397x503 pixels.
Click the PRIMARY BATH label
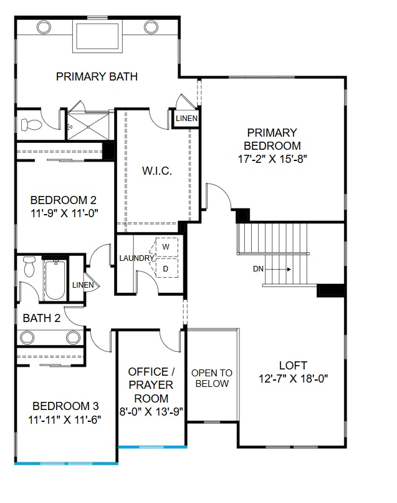point(97,77)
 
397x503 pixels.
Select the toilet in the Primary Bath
point(31,125)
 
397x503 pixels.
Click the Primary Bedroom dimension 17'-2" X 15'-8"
point(272,159)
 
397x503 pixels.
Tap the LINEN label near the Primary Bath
point(186,118)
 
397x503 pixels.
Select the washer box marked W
point(166,247)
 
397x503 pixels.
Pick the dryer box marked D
point(166,269)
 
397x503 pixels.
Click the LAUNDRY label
point(136,258)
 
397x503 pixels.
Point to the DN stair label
point(259,270)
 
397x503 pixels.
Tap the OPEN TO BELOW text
point(212,378)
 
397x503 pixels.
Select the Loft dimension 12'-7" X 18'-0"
point(293,378)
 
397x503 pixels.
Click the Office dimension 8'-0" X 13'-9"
point(151,412)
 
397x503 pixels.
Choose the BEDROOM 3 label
point(66,405)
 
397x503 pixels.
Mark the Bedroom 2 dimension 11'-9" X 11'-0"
point(64,213)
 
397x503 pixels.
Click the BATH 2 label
point(42,318)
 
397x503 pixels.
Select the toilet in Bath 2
point(29,266)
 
